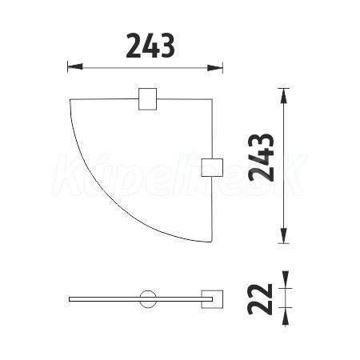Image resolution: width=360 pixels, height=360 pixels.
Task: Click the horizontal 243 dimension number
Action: coord(150,46)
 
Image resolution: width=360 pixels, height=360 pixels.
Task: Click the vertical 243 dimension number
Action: coord(261,158)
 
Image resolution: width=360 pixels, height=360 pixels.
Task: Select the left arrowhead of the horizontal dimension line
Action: coord(75,67)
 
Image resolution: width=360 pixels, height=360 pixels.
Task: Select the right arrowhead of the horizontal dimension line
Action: coord(215,68)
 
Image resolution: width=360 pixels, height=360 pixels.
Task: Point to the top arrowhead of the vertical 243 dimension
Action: coord(284,96)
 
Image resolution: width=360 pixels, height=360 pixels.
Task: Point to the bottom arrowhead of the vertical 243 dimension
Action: coord(284,236)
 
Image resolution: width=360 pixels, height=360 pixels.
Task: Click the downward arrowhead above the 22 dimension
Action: coord(286,279)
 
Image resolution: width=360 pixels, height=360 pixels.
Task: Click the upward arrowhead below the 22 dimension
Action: coord(286,316)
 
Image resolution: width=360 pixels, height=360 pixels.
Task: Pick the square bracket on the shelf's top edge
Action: coord(147,98)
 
